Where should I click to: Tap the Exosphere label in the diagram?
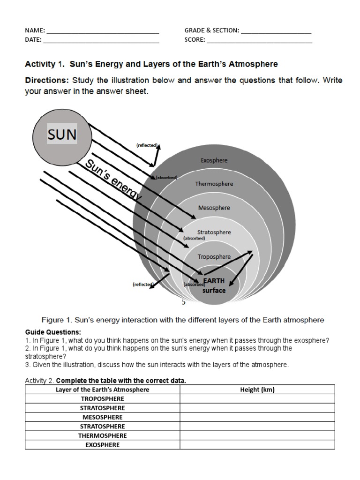click(x=214, y=160)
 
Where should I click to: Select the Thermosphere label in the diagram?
click(x=214, y=184)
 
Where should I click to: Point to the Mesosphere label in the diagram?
click(x=214, y=208)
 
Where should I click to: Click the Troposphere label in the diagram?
click(x=214, y=256)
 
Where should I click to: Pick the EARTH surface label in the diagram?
click(x=214, y=285)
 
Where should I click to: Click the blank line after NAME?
click(x=103, y=33)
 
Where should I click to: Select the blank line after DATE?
click(x=101, y=42)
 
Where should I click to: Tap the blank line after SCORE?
click(x=259, y=42)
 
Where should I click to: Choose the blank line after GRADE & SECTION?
click(x=276, y=33)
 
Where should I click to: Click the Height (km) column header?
click(x=257, y=390)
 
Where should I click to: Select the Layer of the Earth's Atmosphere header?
click(x=102, y=390)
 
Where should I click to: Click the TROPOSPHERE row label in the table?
click(x=102, y=399)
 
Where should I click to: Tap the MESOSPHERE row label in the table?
click(x=102, y=417)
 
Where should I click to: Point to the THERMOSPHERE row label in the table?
click(x=102, y=435)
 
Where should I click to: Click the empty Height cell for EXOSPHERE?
click(x=257, y=445)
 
